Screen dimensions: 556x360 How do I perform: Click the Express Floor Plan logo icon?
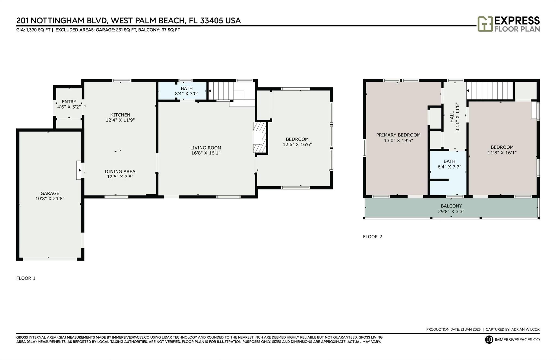click(485, 24)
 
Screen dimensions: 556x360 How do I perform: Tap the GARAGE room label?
click(50, 193)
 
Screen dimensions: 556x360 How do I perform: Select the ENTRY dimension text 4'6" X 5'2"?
click(69, 107)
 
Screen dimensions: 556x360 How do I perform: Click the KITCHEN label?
click(120, 115)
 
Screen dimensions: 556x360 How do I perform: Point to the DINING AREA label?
click(120, 171)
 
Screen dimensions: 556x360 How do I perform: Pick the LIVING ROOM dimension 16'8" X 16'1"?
click(206, 153)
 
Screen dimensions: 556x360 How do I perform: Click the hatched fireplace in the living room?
click(260, 137)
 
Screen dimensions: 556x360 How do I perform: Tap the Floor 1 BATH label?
click(187, 88)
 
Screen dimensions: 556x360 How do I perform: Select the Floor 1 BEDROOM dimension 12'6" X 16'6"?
click(297, 144)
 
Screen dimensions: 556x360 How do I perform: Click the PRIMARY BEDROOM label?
click(398, 135)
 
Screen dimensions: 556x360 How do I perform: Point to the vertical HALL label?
click(452, 117)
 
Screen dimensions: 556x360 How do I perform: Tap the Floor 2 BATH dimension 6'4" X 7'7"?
click(449, 167)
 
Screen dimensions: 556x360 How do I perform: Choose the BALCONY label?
click(451, 206)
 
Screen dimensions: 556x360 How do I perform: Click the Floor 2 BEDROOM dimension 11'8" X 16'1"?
click(502, 153)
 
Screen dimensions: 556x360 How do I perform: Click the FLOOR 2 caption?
click(372, 237)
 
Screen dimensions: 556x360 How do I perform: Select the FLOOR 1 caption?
click(26, 278)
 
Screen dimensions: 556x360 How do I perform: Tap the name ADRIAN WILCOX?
click(525, 329)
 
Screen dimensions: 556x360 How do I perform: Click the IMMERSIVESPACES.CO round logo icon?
click(489, 340)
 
